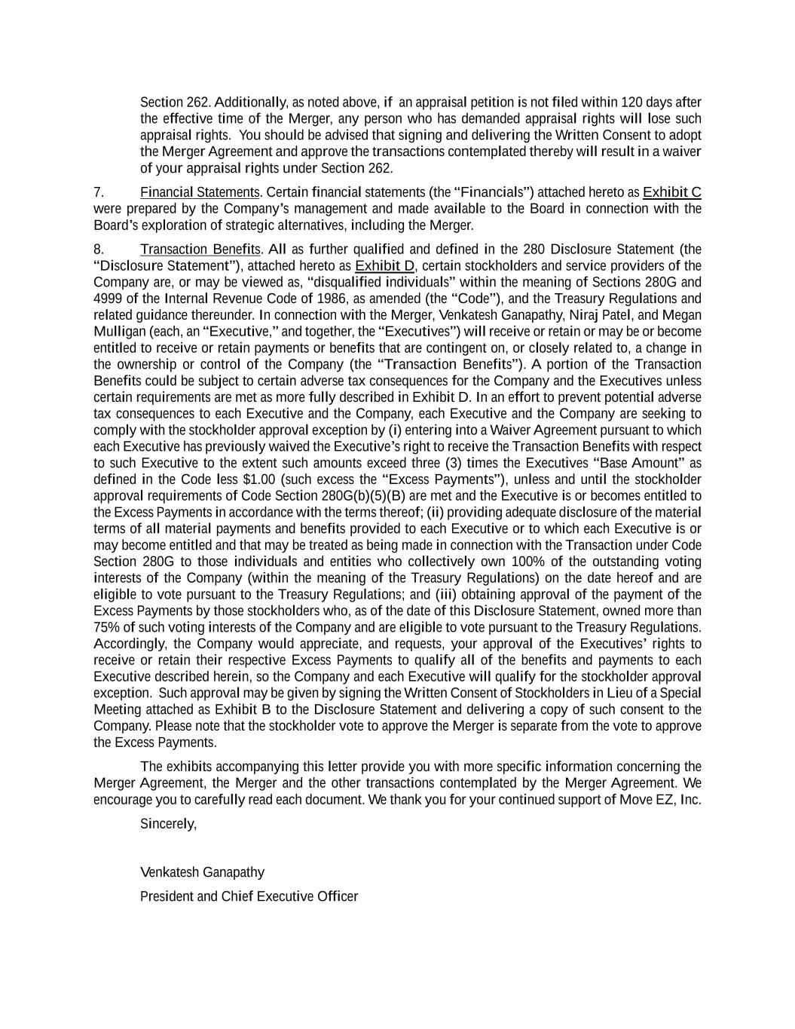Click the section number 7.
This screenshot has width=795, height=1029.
coord(98,192)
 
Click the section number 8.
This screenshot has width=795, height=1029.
coord(98,250)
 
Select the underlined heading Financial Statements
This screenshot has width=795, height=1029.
coord(200,192)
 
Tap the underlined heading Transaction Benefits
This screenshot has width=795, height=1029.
coord(200,250)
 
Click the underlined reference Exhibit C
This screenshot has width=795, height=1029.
coord(671,192)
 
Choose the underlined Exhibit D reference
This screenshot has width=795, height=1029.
coord(384,266)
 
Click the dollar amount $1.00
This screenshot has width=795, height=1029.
coord(260,479)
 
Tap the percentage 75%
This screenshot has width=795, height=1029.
coord(105,627)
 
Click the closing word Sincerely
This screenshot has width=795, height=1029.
coord(168,824)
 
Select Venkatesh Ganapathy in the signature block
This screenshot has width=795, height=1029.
coord(202,872)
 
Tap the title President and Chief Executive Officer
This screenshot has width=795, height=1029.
coord(249,896)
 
